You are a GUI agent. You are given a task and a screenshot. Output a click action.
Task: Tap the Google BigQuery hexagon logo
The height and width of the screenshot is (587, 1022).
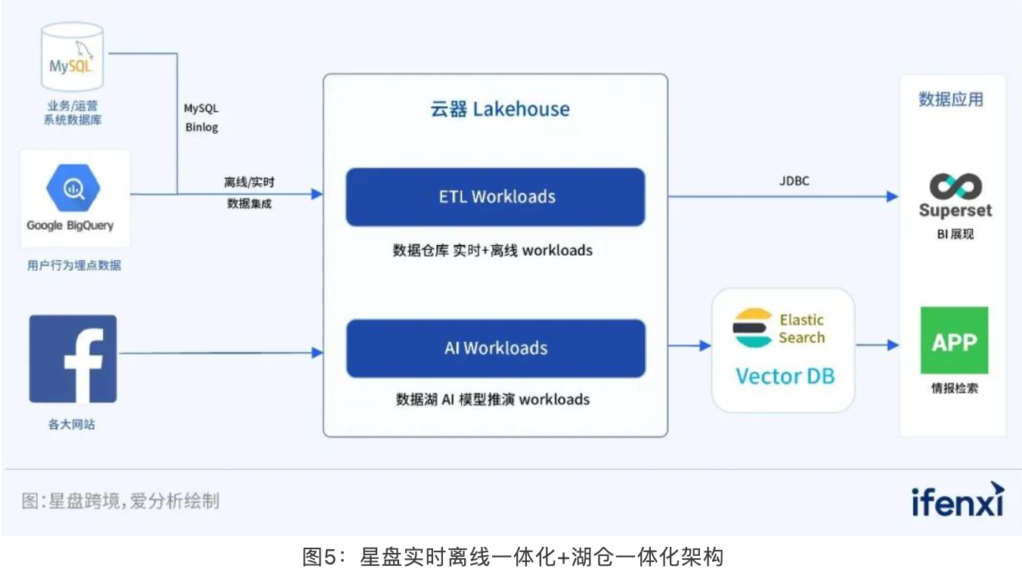pos(73,188)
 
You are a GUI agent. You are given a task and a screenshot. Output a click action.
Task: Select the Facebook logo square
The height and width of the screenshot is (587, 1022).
pos(73,359)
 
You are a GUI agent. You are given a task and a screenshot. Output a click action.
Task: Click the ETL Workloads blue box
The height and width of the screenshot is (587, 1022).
pos(495,197)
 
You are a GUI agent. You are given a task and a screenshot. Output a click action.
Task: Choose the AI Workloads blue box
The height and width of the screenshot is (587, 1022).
pos(495,348)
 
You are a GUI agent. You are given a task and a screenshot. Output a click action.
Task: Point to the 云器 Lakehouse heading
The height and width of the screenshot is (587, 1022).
pos(500,109)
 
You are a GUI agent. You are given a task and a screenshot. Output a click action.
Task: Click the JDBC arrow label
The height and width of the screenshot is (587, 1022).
pos(793,181)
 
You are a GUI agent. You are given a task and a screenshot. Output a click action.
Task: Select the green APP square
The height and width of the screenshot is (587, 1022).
pos(954,340)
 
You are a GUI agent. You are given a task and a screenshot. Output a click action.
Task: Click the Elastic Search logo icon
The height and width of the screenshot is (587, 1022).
pos(752,328)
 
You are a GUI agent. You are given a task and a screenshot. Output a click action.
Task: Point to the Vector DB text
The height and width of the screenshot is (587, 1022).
pos(785,376)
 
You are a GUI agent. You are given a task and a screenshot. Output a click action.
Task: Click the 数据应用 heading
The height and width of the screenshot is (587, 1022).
pos(951,100)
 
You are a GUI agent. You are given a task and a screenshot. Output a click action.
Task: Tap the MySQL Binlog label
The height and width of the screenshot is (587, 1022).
pos(202,118)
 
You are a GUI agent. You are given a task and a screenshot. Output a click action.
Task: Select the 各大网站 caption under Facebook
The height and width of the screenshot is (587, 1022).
pos(72,425)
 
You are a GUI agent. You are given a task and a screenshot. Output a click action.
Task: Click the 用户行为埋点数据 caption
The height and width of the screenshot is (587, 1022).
pos(74,266)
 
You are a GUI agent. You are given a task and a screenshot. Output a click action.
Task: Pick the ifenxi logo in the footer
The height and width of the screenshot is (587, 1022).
pos(957,499)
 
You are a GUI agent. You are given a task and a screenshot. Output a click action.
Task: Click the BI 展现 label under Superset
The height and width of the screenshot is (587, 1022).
pos(955,234)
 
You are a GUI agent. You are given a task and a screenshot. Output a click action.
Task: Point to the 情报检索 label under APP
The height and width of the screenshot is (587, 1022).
pos(954,390)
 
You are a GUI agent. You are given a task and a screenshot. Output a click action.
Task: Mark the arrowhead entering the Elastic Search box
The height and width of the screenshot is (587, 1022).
pos(706,346)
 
